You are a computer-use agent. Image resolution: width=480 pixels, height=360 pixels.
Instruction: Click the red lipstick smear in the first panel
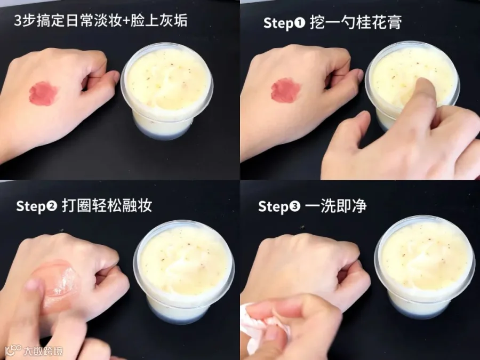pos(43,93)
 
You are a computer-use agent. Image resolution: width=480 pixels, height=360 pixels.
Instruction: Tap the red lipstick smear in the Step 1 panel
pos(285,90)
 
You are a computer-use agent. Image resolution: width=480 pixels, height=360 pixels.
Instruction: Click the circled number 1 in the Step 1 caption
pos(299,22)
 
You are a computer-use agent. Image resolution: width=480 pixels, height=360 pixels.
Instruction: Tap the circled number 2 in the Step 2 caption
pos(51,206)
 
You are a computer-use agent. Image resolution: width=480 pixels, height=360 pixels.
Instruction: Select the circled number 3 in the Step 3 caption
pos(294,206)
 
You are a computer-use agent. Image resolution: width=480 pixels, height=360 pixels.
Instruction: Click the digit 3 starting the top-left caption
pos(18,21)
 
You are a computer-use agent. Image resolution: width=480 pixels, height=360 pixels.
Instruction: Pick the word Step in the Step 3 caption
pos(273,206)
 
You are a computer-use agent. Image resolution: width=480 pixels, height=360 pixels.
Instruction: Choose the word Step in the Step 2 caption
pos(30,206)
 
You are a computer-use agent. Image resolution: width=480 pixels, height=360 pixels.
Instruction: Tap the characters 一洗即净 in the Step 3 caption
pos(336,206)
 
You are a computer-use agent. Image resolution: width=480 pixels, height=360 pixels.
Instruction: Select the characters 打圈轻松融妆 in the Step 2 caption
pos(107,206)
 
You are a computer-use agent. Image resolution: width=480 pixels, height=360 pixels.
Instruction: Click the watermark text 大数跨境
pos(43,351)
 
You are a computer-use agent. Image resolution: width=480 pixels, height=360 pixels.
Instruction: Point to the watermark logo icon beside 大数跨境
pos(13,350)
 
